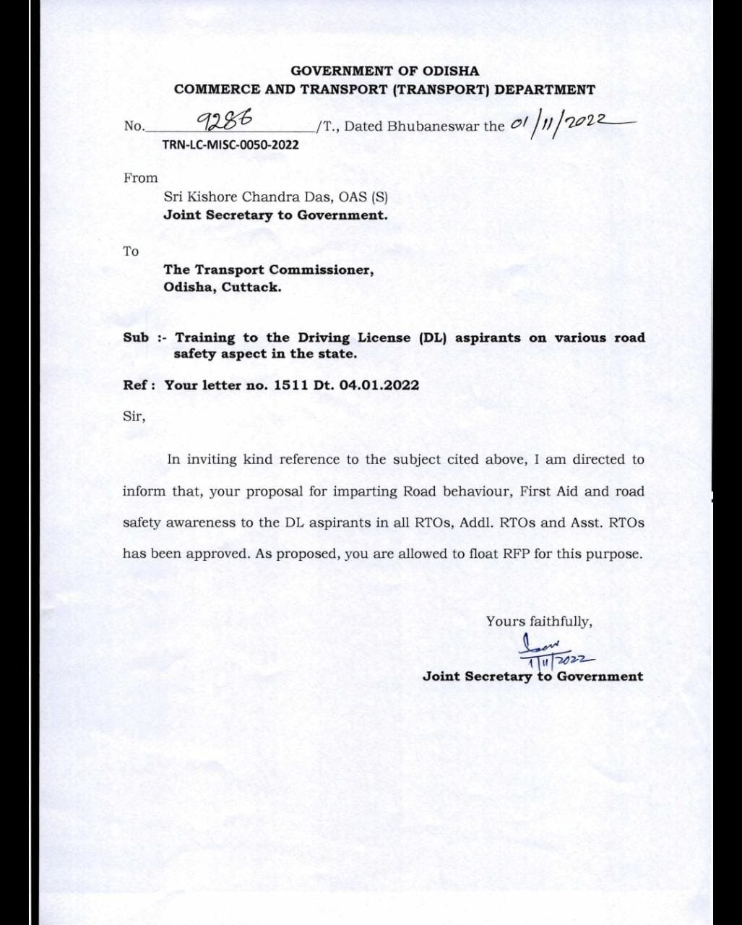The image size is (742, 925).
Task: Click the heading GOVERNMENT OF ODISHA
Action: tap(384, 71)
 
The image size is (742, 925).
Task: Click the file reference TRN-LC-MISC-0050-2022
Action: tap(230, 145)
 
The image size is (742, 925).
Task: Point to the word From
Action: tap(140, 178)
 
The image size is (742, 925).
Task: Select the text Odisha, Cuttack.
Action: tap(222, 287)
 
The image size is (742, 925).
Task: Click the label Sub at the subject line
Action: tap(136, 337)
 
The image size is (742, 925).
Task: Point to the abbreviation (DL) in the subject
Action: tap(434, 337)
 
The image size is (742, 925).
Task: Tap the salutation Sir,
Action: tap(134, 417)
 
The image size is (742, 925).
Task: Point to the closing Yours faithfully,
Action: tap(539, 621)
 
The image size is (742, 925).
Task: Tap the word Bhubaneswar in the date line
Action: tap(433, 126)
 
